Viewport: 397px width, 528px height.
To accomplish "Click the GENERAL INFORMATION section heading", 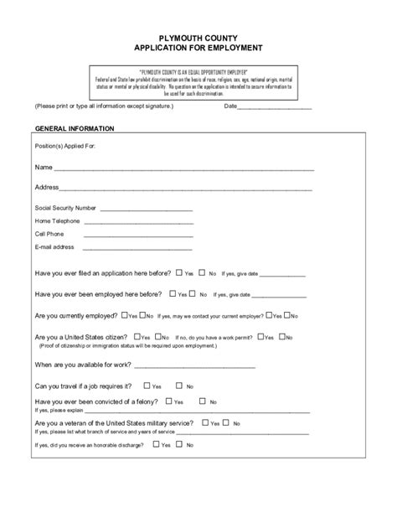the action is coord(80,128).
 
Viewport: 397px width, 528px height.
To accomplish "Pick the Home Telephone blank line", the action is coord(138,223).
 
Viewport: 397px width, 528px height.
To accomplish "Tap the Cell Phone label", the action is coord(49,234).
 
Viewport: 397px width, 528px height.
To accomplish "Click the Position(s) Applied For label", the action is coord(66,146).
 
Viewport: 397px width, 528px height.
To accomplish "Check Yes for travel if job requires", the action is coord(147,386).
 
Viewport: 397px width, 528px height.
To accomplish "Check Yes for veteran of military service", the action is coord(204,423).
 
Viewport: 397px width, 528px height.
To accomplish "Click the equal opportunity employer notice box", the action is coord(198,83).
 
